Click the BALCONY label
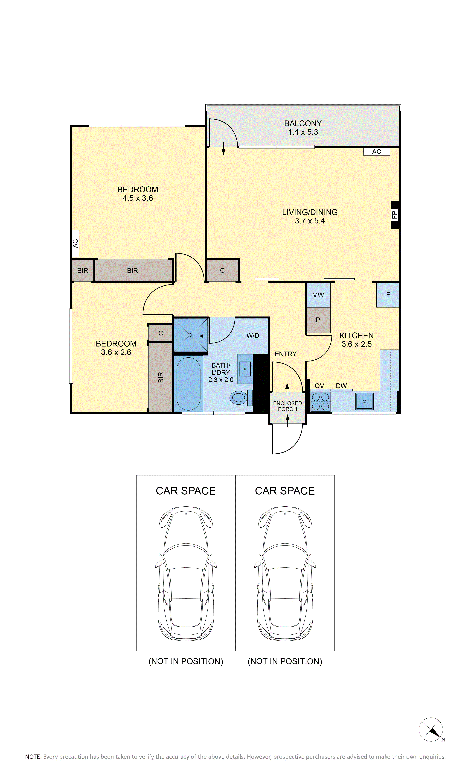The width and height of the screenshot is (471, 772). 303,123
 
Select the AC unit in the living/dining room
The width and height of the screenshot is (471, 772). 376,152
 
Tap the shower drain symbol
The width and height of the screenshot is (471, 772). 190,335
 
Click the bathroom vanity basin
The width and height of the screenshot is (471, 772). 245,369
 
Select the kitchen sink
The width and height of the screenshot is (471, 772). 364,401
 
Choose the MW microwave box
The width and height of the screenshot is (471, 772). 318,295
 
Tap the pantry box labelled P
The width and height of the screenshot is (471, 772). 318,320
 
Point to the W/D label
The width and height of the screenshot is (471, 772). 253,336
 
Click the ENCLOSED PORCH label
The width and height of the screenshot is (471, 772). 288,406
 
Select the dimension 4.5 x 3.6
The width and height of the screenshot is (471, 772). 138,198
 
